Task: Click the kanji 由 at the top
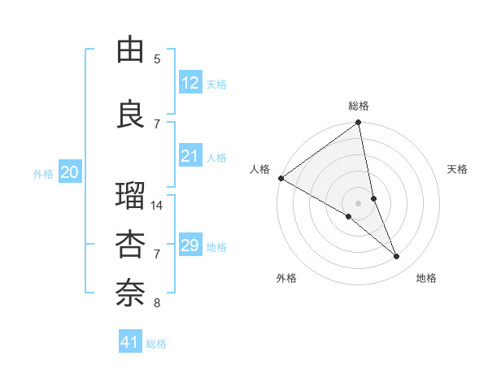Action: click(x=131, y=50)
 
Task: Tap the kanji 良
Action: click(x=131, y=114)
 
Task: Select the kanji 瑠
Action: click(x=131, y=198)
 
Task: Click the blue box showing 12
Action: click(x=190, y=83)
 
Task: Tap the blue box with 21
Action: click(x=190, y=156)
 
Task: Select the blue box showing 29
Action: click(x=190, y=245)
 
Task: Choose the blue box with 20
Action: click(x=70, y=172)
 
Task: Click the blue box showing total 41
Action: click(x=130, y=342)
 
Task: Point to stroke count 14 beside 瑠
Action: click(x=158, y=206)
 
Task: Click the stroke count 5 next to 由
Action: click(x=157, y=59)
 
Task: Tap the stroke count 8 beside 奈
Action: click(x=157, y=303)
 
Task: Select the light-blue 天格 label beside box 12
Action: click(x=216, y=84)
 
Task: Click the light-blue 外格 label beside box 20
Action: click(x=43, y=173)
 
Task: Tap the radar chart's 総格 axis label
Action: click(x=359, y=106)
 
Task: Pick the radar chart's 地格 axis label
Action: click(x=426, y=278)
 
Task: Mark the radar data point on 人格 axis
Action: click(x=281, y=178)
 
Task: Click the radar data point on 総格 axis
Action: click(x=358, y=124)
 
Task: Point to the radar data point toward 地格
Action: click(x=397, y=257)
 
